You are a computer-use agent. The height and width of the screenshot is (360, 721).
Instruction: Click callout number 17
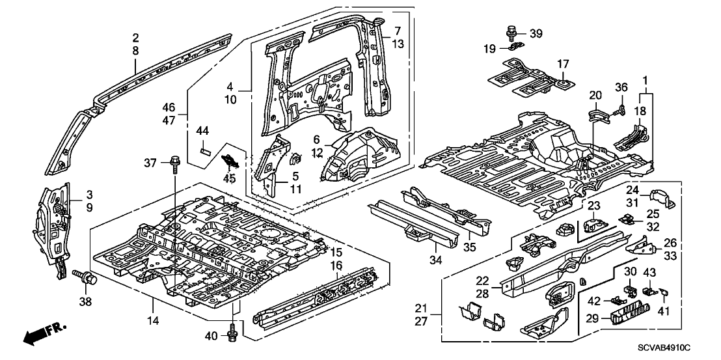[562, 64]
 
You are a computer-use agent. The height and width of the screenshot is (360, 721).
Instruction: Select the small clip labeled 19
[513, 47]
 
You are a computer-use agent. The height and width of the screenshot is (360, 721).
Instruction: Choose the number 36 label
[621, 87]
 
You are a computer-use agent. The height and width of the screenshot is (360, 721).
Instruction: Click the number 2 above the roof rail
[135, 36]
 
